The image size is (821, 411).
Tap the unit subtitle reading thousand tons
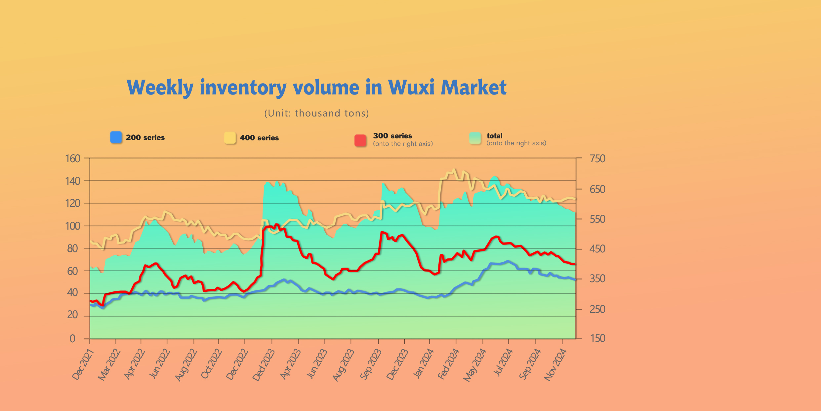point(316,113)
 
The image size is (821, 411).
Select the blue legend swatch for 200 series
point(116,137)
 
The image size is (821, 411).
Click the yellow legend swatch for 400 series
point(230,138)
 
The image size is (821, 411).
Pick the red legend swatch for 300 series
point(360,140)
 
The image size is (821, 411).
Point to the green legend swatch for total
point(475,138)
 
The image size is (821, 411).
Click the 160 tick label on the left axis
point(73,159)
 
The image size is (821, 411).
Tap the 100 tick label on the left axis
point(73,226)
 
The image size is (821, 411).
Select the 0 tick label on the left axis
point(72,339)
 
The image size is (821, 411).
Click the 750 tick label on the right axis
point(597,159)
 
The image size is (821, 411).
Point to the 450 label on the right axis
point(597,249)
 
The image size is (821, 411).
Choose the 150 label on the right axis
point(597,338)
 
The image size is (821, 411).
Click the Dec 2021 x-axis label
point(83,365)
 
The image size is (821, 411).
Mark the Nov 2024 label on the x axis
point(555,365)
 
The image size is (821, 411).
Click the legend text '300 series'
point(392,136)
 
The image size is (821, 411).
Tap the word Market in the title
point(473,88)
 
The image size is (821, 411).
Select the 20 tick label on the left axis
point(73,315)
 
